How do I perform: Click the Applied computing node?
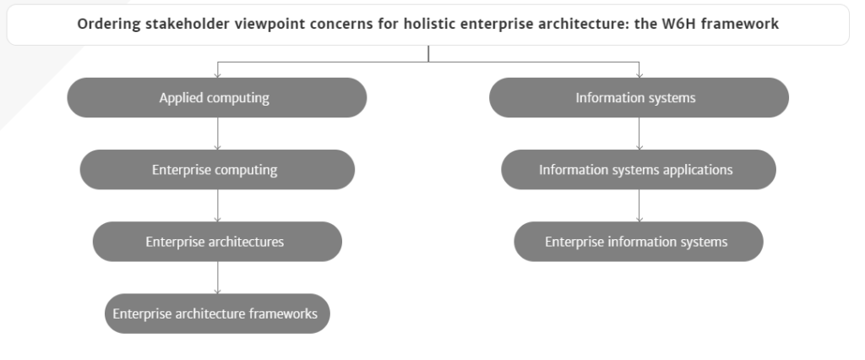pos(217,98)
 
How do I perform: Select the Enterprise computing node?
pos(217,170)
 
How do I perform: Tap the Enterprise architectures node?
pos(217,242)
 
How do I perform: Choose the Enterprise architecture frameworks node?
pos(217,314)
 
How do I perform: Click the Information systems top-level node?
pos(639,98)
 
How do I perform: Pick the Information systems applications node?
pos(639,170)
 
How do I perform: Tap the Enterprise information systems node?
pos(639,242)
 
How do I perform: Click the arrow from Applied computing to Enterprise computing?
pos(217,134)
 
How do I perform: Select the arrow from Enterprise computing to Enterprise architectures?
pos(217,205)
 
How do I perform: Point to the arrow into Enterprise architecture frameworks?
pos(217,278)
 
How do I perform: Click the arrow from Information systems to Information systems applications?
pos(639,134)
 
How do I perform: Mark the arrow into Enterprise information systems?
pos(639,205)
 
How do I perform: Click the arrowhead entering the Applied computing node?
pos(217,74)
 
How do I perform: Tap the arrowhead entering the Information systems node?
pos(639,74)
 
